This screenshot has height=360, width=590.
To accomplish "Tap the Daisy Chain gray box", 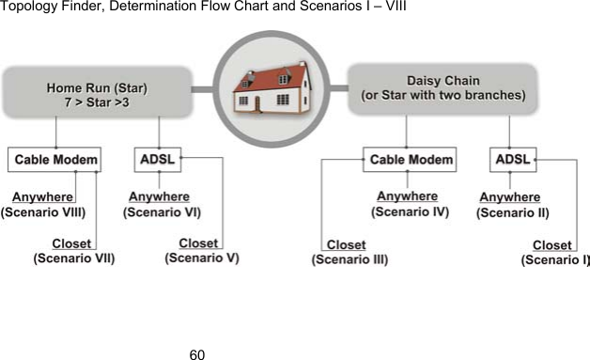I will click(x=442, y=88).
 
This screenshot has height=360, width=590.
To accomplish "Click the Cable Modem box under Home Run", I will click(x=54, y=160).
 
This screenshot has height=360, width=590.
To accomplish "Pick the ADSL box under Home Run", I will click(x=157, y=160).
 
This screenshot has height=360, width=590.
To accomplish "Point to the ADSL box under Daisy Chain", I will click(x=512, y=160).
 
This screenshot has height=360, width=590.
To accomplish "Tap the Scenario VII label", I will click(x=73, y=258).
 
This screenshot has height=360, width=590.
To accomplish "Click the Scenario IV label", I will click(x=410, y=212).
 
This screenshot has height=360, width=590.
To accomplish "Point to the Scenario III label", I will click(x=349, y=259).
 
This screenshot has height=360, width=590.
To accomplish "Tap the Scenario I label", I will click(x=555, y=259).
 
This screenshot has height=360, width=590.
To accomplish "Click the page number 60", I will click(x=196, y=353).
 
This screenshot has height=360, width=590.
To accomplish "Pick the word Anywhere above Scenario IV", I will click(x=407, y=196).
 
